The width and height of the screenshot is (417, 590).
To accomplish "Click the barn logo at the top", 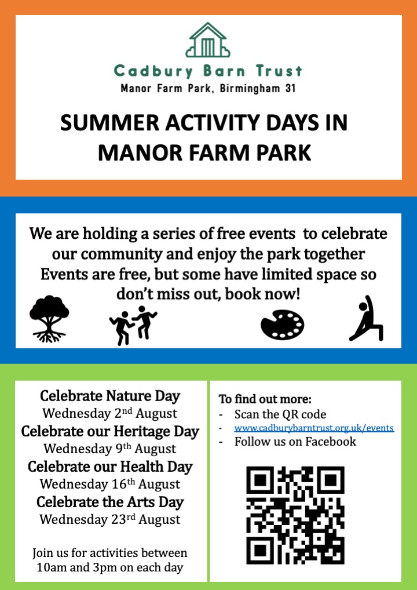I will pos(208,41).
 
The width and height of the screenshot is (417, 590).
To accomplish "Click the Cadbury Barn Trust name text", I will pos(208,72).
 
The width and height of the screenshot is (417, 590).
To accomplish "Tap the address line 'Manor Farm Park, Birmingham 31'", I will pos(208,89).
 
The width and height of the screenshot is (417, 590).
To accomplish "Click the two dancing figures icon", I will pos(133,324).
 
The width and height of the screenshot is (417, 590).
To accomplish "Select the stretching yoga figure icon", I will pos(366,319).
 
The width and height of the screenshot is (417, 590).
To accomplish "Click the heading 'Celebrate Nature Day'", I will pos(110,396).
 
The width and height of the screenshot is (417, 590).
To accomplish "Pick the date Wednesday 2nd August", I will pos(110,414).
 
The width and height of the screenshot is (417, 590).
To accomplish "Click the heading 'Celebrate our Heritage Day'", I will pos(110,432).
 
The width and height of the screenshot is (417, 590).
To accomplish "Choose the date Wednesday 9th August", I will pos(110,449).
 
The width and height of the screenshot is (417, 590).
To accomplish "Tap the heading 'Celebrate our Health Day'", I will pos(110,467).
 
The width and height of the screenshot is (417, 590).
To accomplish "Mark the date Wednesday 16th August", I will pos(110,484).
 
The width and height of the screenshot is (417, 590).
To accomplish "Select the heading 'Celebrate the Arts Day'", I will pos(110,501).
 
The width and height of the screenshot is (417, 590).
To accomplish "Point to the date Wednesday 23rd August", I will pos(110,519).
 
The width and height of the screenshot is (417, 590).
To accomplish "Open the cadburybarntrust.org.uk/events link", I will pos(314,428).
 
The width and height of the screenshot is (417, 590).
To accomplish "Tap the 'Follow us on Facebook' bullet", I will pos(295,442).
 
